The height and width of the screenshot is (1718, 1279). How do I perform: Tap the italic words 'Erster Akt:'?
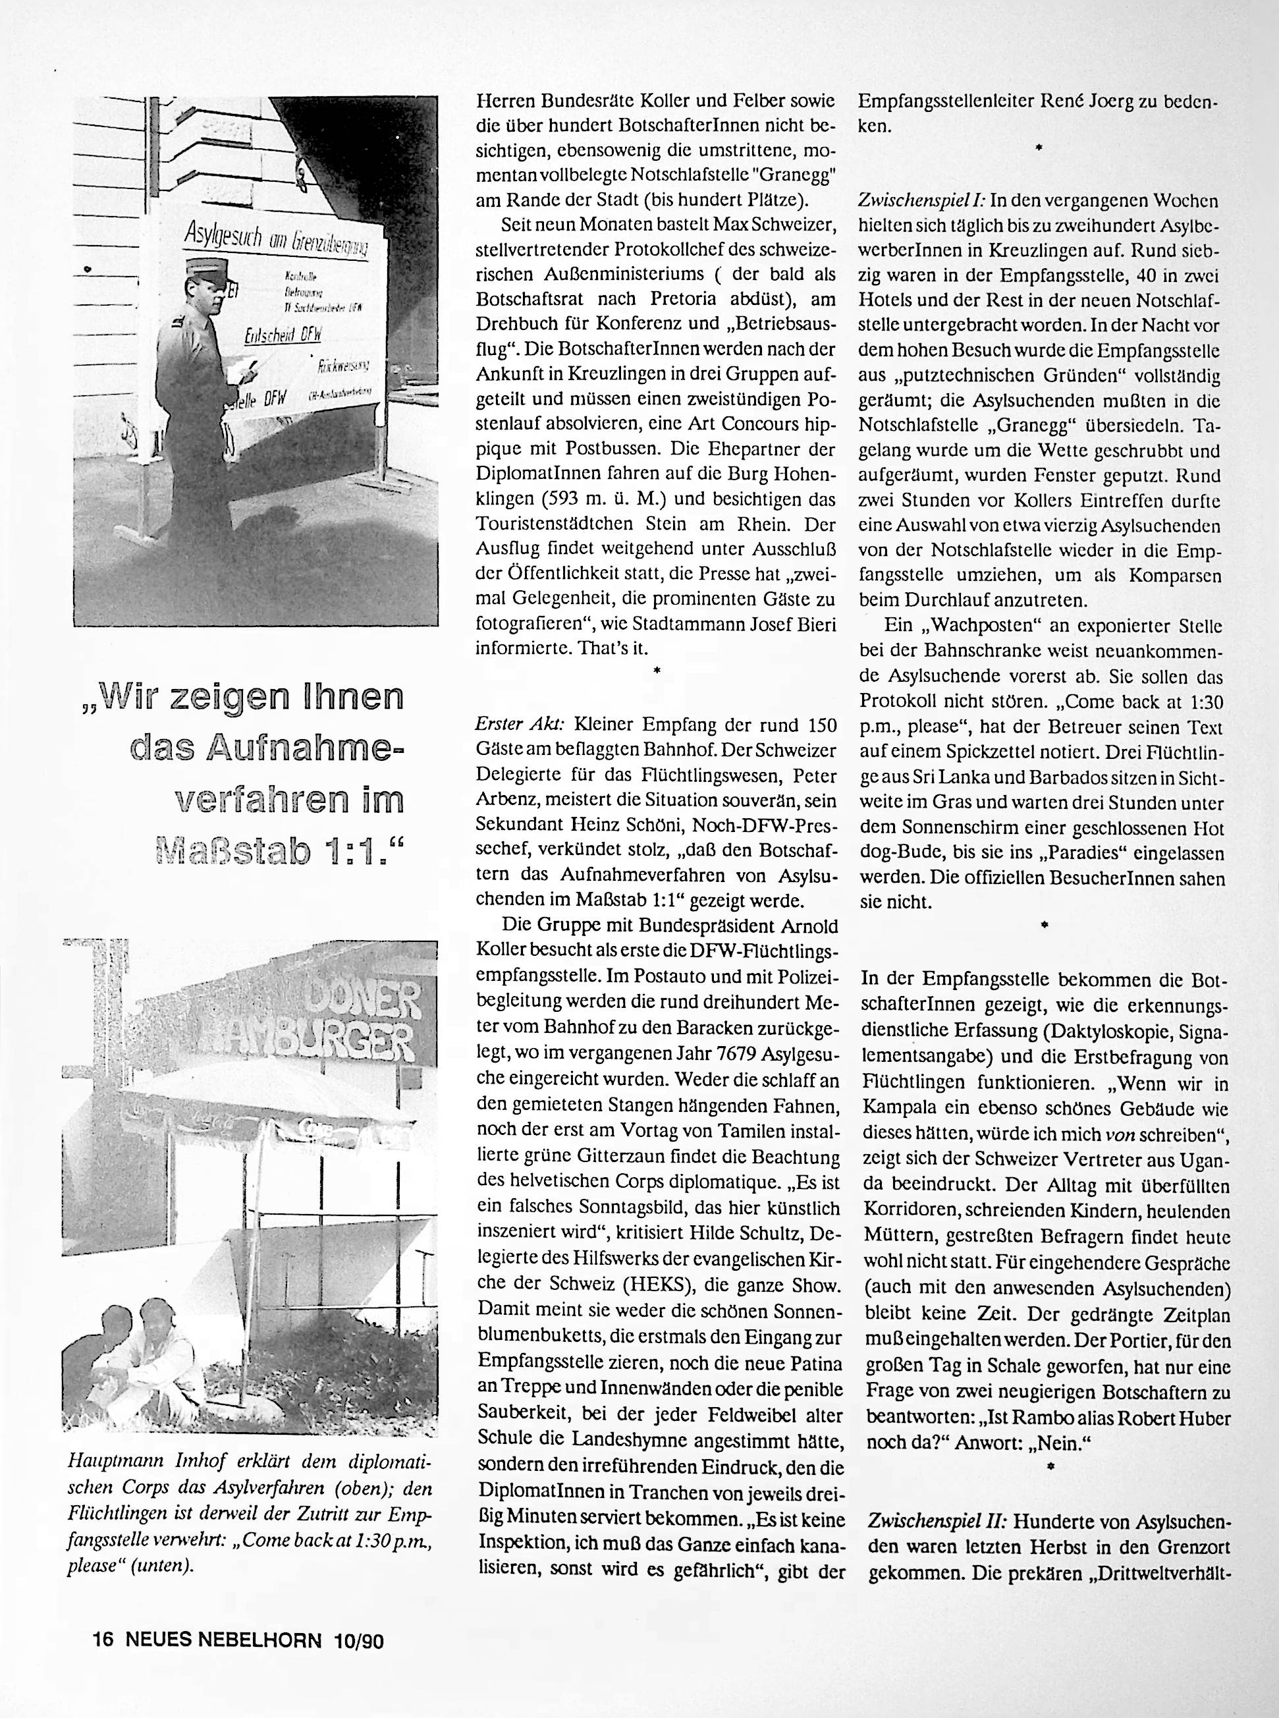520,725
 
